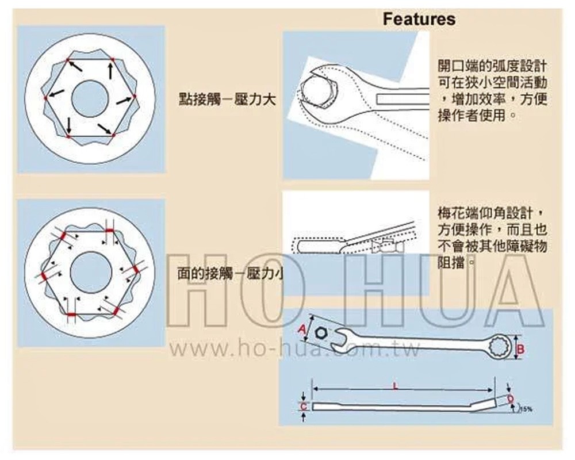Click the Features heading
click(x=419, y=19)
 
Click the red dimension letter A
click(x=302, y=329)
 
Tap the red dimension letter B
click(x=520, y=348)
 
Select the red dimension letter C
click(x=304, y=407)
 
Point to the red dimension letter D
click(x=510, y=398)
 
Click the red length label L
click(x=395, y=386)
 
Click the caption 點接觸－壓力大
click(x=227, y=99)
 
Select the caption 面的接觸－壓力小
click(x=230, y=274)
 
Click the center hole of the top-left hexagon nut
click(x=90, y=98)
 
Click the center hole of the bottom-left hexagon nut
click(x=91, y=272)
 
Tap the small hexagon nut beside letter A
click(x=321, y=333)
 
